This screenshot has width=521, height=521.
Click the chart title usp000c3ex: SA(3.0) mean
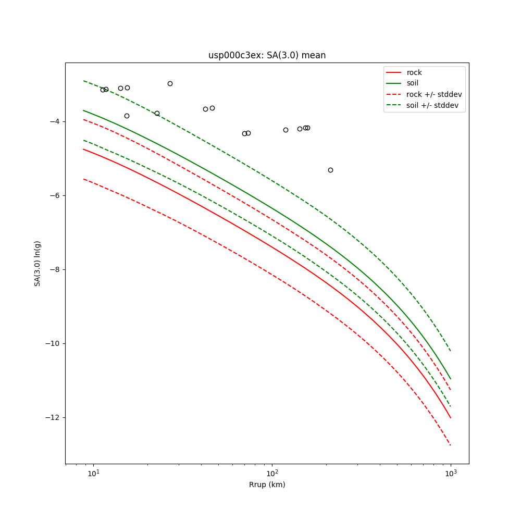267,55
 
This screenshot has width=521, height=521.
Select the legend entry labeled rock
414,72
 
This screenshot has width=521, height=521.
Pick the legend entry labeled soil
413,83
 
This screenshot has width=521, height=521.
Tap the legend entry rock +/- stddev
434,94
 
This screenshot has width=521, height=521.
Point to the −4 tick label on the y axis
55,121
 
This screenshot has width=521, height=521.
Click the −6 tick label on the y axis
55,195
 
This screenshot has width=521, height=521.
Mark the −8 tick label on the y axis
55,269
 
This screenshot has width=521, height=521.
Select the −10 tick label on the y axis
53,343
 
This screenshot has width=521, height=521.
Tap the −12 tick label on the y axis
53,417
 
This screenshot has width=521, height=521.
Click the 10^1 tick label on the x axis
93,473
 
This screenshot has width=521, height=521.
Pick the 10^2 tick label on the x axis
272,473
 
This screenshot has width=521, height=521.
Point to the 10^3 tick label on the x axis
451,473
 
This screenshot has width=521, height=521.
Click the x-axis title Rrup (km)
267,485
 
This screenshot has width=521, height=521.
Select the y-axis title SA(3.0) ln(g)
38,263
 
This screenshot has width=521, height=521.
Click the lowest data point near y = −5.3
330,170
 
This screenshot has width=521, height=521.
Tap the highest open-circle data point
170,83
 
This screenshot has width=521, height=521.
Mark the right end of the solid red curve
451,418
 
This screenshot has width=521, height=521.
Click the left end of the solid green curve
83,110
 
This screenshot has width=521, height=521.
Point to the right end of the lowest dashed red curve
451,445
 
